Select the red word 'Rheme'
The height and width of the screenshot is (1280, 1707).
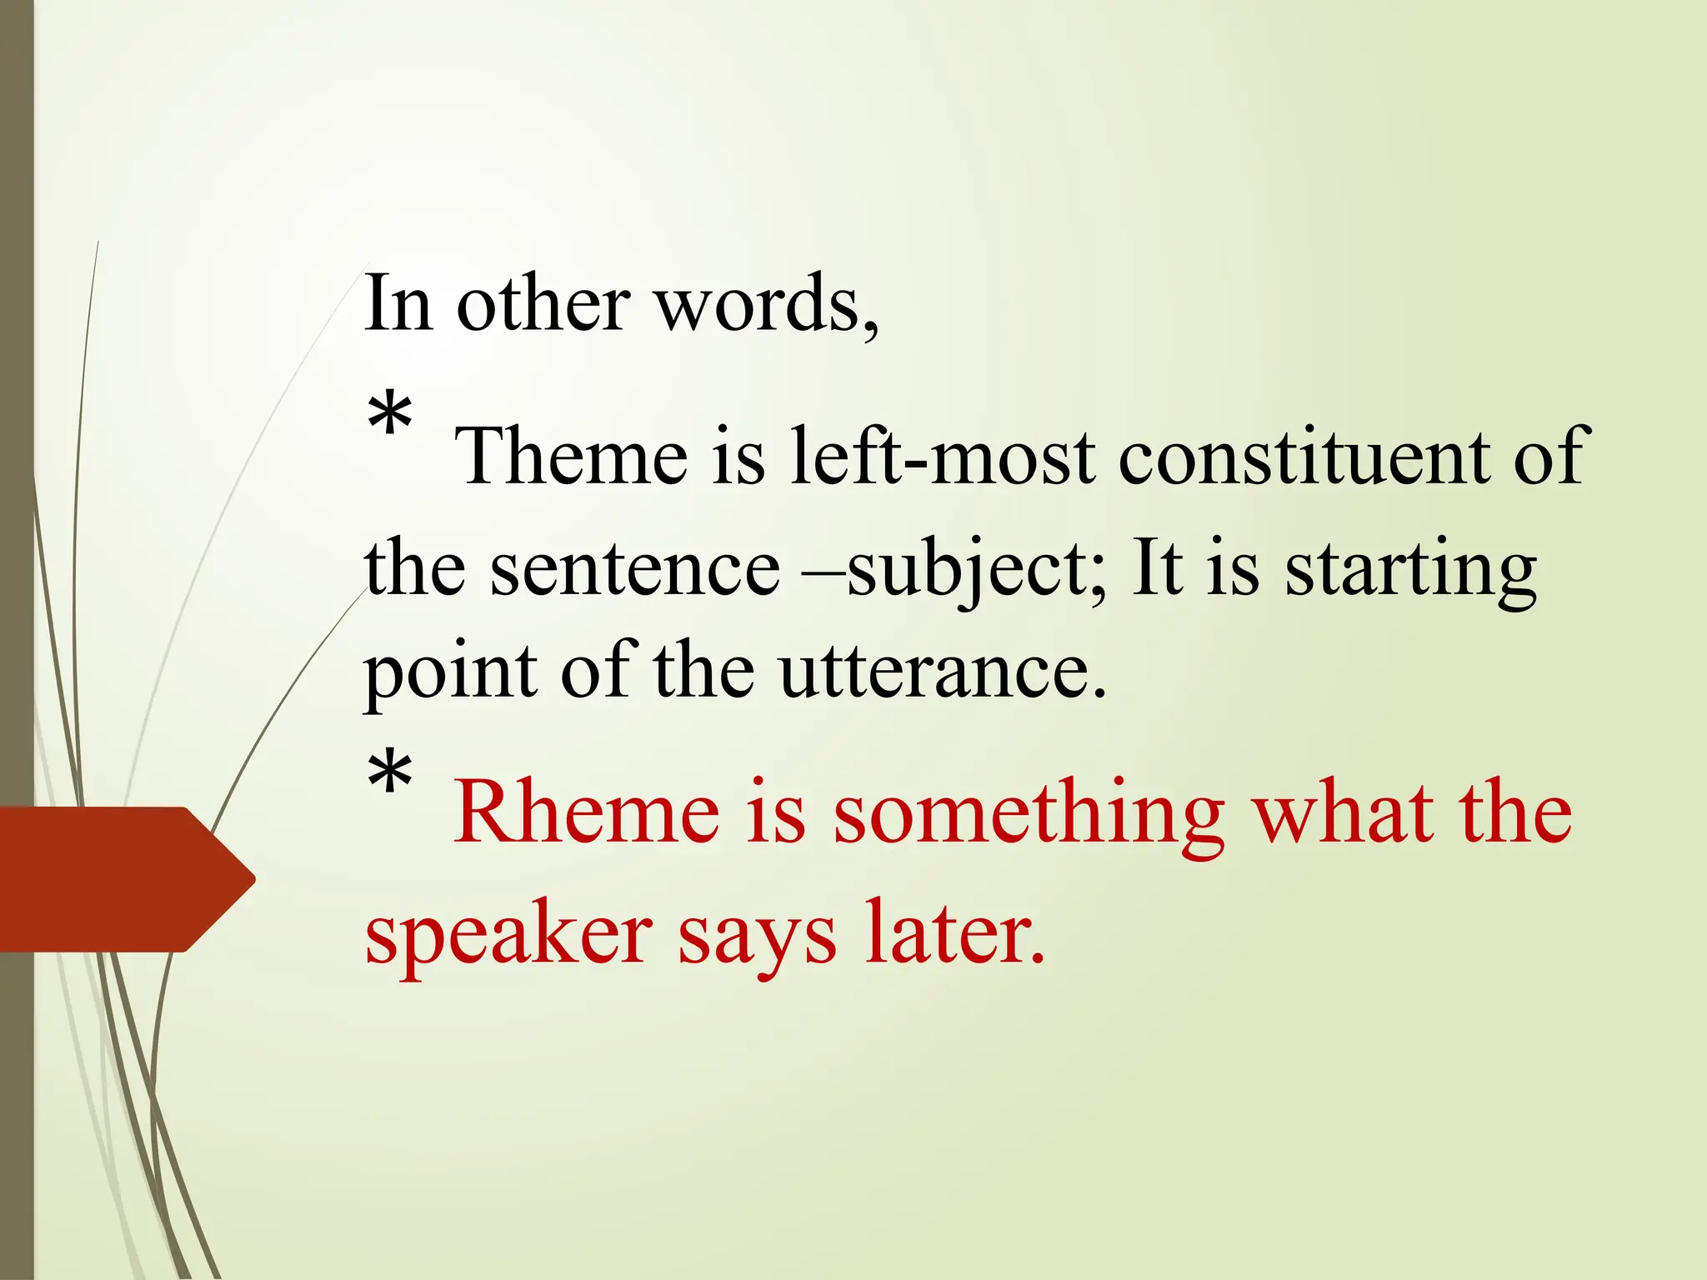586,812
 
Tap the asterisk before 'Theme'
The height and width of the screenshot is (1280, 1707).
389,417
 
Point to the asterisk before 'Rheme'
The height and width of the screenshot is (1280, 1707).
389,774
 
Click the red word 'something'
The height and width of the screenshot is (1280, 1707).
1029,812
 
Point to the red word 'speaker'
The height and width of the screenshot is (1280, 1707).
508,933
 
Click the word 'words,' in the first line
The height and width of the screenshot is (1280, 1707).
767,303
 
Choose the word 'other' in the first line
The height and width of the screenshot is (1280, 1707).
543,303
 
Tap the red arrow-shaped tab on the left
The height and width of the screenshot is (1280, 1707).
125,878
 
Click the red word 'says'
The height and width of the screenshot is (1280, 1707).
757,933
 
